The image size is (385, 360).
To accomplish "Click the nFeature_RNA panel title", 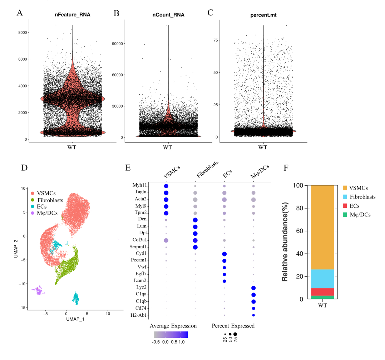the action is pos(73,15).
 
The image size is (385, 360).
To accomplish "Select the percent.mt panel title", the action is pos(263,15).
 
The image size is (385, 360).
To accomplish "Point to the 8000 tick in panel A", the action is pos(23,32).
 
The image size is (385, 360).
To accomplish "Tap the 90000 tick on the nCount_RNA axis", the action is pos(117,44).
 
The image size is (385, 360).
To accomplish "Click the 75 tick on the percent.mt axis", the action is pos(216,40).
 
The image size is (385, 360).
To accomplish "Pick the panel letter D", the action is pos(24,168).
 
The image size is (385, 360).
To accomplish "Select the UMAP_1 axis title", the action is pos(75,319).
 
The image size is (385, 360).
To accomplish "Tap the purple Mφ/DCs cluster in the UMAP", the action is pos(39,291).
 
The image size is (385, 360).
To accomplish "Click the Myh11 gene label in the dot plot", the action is pos(139,185).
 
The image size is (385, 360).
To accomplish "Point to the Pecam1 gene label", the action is pos(139,260).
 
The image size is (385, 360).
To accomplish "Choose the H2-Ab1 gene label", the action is pos(139,315).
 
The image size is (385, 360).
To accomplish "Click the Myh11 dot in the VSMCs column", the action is pos(166,186).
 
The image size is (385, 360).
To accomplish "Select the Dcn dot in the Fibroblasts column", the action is pos(195,220).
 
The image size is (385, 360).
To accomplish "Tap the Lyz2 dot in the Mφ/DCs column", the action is pos(253,288).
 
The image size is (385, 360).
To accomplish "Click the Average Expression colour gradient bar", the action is pos(171,335).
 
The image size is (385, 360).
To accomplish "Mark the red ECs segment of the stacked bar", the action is pos(322,292).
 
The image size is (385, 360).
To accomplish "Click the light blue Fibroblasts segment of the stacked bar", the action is pos(322,279).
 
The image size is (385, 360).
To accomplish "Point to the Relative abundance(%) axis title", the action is pos(285,242).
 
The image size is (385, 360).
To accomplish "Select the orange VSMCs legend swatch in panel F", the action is pos(345,188).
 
